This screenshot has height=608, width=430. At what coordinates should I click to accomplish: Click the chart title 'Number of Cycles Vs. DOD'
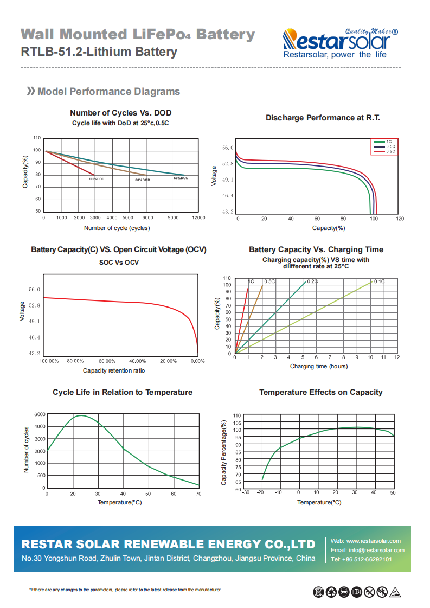[120, 113]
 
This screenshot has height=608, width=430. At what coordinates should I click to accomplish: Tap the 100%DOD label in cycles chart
[97, 179]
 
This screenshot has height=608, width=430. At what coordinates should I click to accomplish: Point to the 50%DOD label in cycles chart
[181, 178]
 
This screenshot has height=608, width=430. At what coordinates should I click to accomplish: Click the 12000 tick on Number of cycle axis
[198, 217]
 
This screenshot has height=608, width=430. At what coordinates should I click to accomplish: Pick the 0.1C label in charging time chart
[379, 281]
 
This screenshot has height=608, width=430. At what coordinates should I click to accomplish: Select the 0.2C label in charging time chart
[312, 281]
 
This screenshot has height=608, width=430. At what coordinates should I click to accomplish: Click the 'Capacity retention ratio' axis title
[114, 370]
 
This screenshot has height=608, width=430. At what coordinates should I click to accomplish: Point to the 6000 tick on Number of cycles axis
[40, 414]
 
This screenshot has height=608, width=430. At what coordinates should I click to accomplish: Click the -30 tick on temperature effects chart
[246, 492]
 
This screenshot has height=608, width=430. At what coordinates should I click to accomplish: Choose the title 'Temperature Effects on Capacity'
[320, 392]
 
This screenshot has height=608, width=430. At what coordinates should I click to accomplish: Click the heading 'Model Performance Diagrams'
[108, 92]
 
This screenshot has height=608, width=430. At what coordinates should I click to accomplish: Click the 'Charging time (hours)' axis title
[319, 367]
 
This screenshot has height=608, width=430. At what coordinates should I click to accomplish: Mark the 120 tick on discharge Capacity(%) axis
[400, 219]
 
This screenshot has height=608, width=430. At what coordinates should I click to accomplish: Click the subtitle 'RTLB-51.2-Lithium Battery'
[99, 52]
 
